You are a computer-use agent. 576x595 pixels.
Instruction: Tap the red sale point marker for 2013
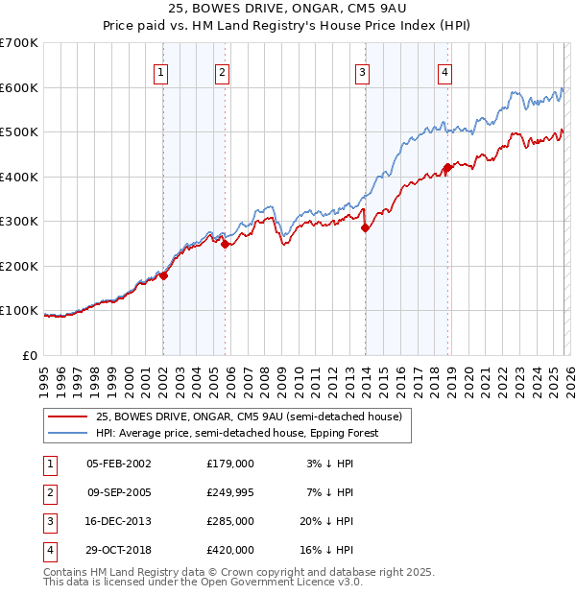[365, 228]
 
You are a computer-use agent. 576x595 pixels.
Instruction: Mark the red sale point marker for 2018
[447, 168]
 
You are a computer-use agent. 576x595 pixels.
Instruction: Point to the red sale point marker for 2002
[163, 275]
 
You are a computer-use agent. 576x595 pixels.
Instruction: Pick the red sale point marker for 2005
[225, 244]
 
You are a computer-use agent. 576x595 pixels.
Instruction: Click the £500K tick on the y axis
[19, 132]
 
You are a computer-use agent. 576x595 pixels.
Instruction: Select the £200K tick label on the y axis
[19, 266]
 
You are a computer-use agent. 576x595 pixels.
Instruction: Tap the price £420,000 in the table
[229, 550]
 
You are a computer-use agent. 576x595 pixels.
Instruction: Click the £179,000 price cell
[229, 464]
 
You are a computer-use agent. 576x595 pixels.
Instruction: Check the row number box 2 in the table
[48, 492]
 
